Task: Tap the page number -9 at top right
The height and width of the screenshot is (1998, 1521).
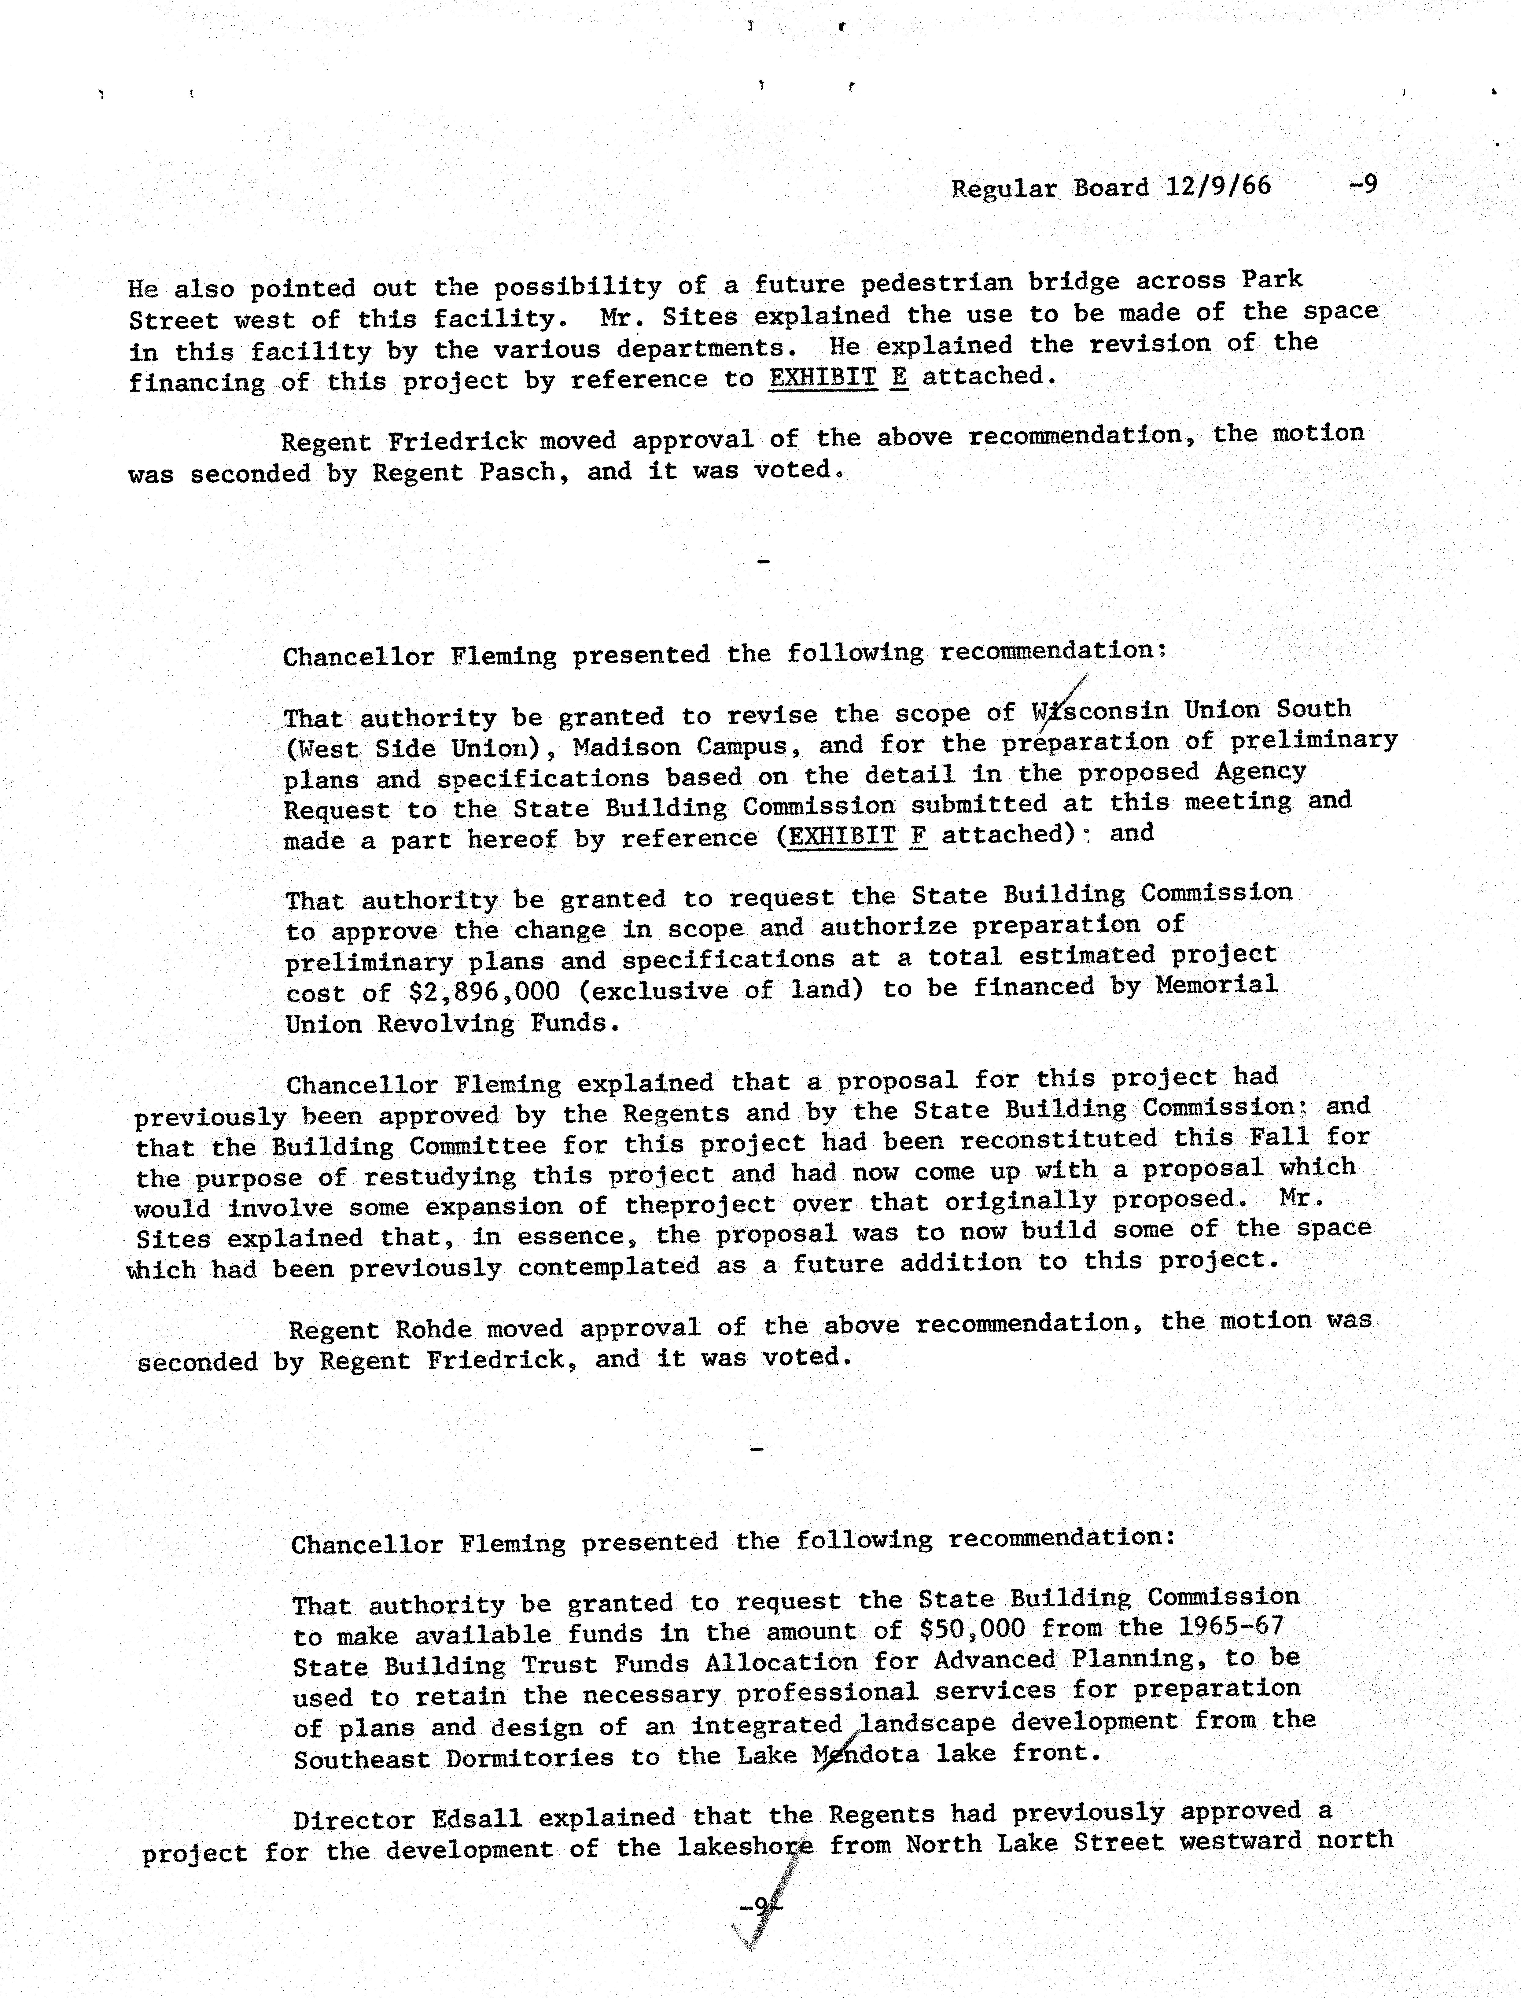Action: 1363,185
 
